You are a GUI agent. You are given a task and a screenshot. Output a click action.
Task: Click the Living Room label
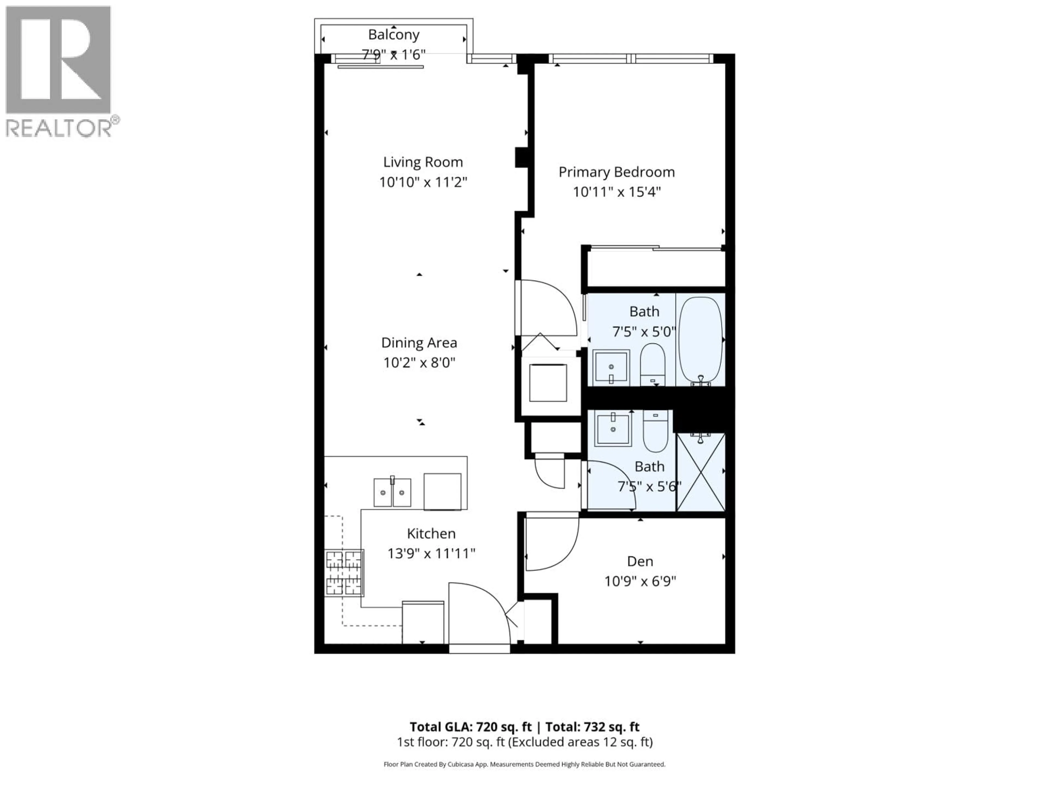coord(423,162)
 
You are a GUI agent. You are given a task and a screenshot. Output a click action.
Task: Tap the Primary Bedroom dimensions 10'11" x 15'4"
coord(617,192)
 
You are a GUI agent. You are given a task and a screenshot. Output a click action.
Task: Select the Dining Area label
coord(419,343)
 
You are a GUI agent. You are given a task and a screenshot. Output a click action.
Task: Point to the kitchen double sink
coord(392,492)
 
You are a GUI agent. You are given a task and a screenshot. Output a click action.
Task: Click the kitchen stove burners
coord(344,572)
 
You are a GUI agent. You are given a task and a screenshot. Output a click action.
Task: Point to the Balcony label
coord(394,35)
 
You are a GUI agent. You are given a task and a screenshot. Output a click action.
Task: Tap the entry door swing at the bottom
coord(479,614)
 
